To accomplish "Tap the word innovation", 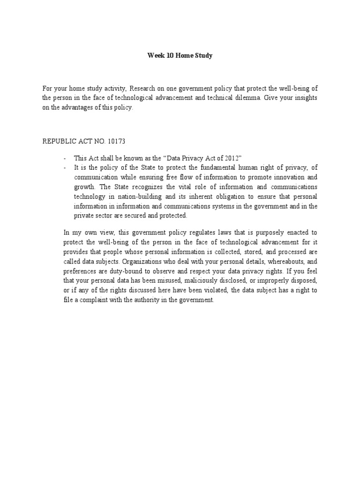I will [292, 178].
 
